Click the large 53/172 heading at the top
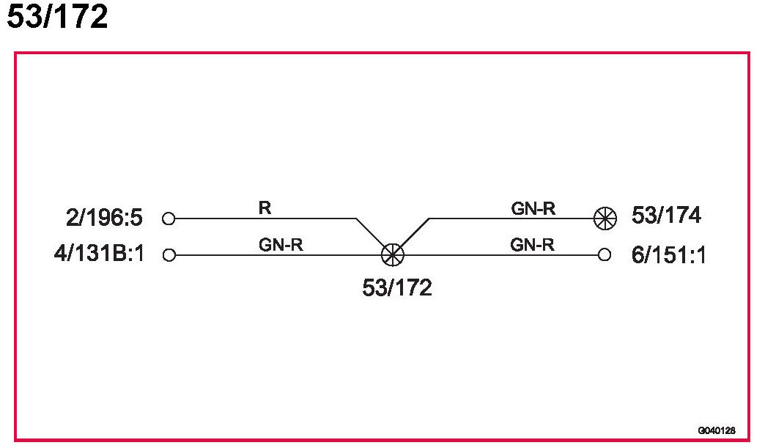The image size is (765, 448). pos(57,18)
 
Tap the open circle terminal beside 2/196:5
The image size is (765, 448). pos(169,219)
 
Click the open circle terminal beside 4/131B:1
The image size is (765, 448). pos(169,255)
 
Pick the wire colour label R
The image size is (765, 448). pos(265,208)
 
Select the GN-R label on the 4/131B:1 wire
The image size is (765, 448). pos(281,246)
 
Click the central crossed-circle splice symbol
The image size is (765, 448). pos(393,255)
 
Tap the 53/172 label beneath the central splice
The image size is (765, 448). pos(396,288)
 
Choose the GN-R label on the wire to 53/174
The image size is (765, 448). pos(533,208)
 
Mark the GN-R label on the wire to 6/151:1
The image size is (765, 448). pos(533,246)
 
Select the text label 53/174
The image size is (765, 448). pos(666,216)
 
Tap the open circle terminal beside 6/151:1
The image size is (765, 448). pos(604,255)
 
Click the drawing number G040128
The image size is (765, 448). pos(717,430)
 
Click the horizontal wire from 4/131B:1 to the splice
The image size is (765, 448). pos(278,255)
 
